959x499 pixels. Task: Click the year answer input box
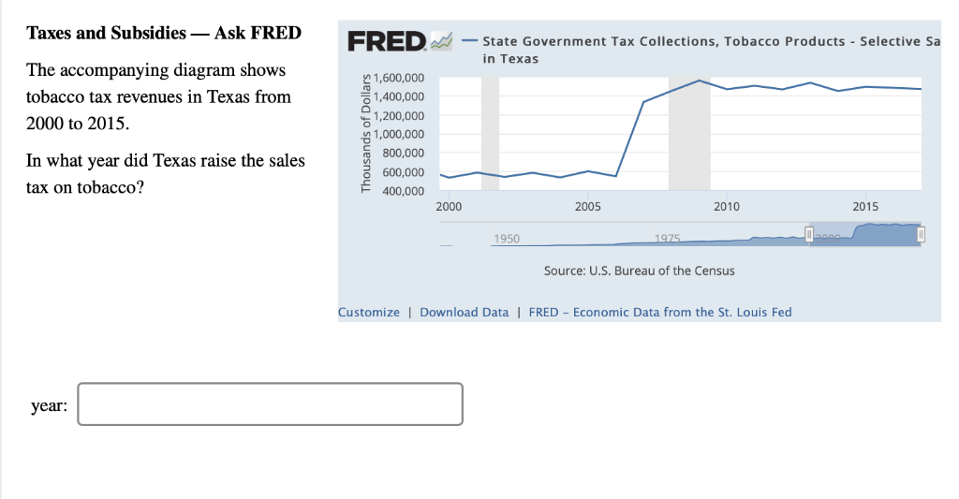[270, 404]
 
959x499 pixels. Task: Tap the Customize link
[369, 313]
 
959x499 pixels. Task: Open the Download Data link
[465, 313]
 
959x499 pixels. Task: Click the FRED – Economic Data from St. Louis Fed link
[660, 313]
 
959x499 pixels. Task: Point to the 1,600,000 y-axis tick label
[399, 78]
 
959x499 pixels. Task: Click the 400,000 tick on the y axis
[403, 191]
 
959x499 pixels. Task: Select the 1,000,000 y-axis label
[399, 134]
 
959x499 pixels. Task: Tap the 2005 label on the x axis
[588, 207]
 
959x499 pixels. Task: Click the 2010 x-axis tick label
[727, 207]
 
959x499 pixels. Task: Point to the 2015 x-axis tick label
[865, 207]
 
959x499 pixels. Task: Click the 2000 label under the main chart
[449, 207]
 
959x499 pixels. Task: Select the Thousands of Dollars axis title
[366, 133]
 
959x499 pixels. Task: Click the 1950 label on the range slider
[507, 239]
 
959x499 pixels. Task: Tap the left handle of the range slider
[809, 234]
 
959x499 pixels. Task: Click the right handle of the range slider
[922, 234]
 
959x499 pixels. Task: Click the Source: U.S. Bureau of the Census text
[639, 271]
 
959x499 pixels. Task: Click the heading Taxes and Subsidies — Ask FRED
[164, 33]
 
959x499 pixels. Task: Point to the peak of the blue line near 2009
[699, 81]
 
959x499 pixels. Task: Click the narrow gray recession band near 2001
[491, 134]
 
